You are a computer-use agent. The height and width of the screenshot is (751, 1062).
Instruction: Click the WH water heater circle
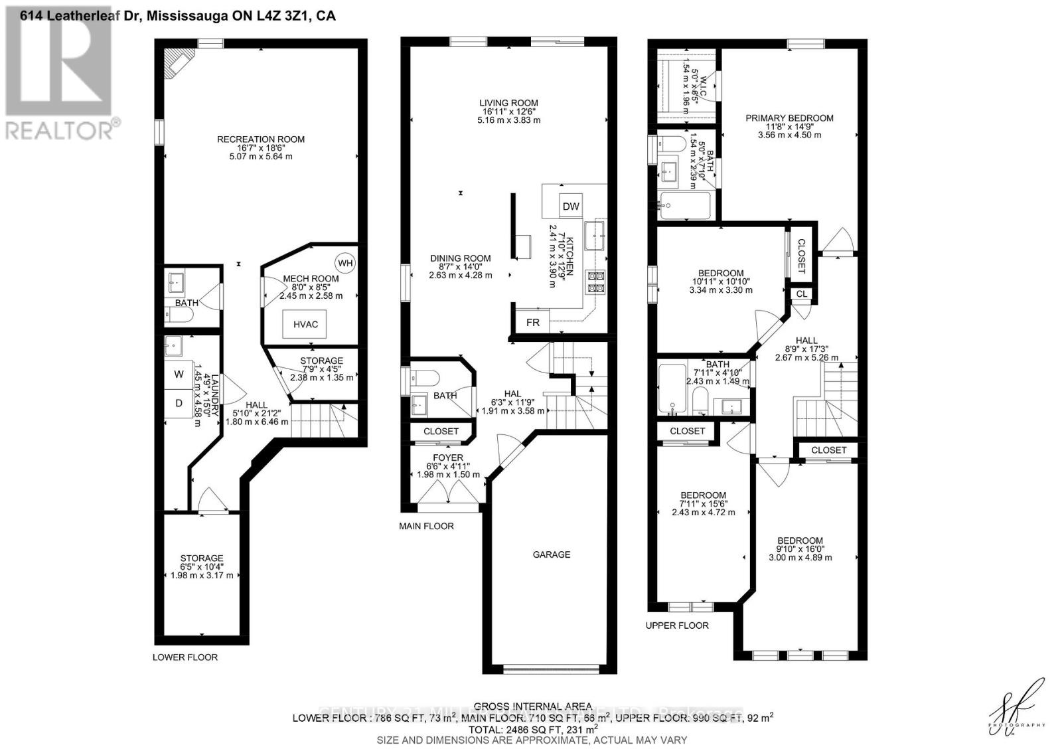[345, 263]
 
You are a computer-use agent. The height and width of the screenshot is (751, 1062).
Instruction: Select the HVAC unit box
[305, 324]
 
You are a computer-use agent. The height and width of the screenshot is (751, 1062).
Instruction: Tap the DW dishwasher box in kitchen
[571, 206]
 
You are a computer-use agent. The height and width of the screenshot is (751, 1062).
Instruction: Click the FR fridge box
[533, 323]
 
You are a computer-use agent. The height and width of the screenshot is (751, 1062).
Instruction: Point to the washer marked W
[179, 375]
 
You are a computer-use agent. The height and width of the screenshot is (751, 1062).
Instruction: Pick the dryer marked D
[179, 403]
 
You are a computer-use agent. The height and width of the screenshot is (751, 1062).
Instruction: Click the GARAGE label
[551, 554]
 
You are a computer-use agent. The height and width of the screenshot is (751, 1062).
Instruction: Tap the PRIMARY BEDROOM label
[789, 118]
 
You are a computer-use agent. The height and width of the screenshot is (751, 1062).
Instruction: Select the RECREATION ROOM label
[261, 139]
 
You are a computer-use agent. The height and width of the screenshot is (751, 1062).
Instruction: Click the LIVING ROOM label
[509, 103]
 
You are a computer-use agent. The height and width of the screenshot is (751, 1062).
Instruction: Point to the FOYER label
[448, 458]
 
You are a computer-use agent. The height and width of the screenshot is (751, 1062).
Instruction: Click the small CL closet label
[801, 293]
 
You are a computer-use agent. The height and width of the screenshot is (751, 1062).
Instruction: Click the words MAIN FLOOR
[426, 526]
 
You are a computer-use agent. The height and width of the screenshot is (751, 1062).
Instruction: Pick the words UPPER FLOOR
[677, 626]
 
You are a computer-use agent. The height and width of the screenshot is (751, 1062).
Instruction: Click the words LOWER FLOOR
[185, 657]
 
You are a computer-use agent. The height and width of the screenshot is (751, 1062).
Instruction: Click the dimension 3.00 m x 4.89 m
[800, 558]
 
